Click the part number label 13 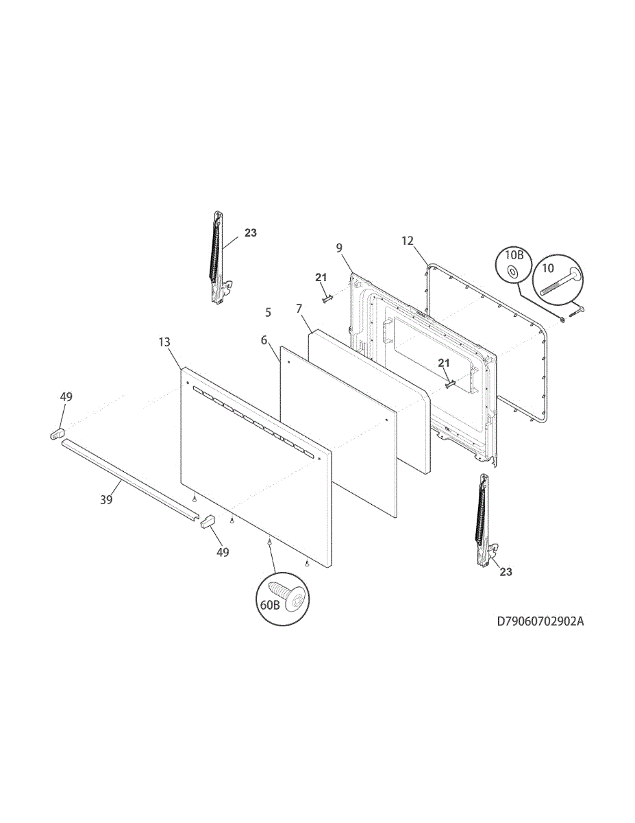tap(164, 342)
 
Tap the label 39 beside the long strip tap(106, 500)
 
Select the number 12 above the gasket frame tap(408, 241)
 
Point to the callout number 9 tap(339, 248)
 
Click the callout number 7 tap(299, 309)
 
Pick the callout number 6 tap(264, 340)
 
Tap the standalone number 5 tap(268, 312)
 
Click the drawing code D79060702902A tap(540, 622)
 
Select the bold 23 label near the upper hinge tap(250, 233)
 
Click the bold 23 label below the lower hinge tap(506, 571)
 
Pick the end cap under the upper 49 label tap(57, 433)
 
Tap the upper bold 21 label tap(321, 277)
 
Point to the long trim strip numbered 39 tap(127, 478)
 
